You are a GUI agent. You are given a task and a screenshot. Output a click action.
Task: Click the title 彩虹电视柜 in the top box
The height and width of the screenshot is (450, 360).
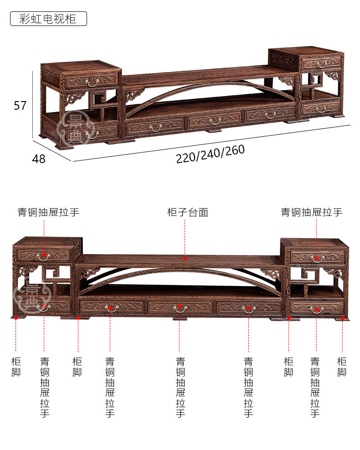coord(48,19)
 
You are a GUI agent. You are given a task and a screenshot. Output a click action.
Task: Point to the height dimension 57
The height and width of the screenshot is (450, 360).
coord(20,105)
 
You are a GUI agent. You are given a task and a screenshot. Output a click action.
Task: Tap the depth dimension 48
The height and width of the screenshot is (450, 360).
coord(39,159)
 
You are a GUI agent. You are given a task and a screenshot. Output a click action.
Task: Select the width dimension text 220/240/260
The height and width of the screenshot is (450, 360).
coord(210,153)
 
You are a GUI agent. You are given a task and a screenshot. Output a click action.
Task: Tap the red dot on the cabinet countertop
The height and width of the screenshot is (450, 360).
coord(185,258)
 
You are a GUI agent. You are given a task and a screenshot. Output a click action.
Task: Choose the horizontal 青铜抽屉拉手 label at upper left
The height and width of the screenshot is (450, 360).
coord(48,212)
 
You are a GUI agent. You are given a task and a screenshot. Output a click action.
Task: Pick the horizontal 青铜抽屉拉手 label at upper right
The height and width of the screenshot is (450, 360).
coord(312,212)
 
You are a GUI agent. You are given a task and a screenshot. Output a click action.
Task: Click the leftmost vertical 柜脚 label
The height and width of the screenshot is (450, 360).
coord(16,367)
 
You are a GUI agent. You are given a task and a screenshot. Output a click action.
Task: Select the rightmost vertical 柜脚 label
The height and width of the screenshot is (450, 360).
coord(342,367)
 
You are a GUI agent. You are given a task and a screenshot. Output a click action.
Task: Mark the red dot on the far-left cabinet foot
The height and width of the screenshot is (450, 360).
coord(16,317)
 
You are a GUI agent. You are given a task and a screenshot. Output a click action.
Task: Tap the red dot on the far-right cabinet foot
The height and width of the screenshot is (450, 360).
coord(342,318)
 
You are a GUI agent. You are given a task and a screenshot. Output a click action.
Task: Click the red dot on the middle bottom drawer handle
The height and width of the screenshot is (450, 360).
coord(180,306)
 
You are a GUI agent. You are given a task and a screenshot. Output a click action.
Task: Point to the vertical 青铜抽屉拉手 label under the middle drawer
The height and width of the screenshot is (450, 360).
coord(180,387)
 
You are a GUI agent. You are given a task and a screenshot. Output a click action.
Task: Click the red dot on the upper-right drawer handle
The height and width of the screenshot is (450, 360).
coord(316,258)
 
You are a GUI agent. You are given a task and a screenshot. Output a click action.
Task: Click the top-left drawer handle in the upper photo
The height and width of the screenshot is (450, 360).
coord(93,82)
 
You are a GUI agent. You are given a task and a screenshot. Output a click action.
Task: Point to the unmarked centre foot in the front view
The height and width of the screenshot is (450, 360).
coord(180,318)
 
